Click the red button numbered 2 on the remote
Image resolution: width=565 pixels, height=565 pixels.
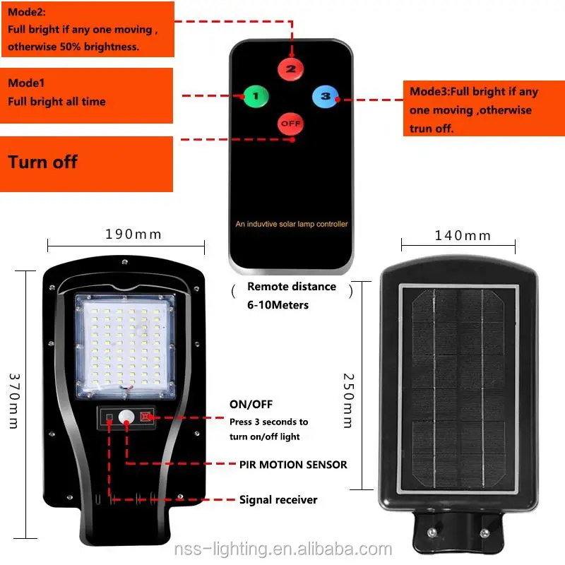(x=290, y=69)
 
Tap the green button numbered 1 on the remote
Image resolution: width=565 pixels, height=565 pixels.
(x=255, y=95)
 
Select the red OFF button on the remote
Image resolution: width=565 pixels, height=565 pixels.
(x=290, y=124)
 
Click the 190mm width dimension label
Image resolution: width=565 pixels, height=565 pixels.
(x=133, y=234)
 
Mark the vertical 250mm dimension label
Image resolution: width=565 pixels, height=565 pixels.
(x=347, y=400)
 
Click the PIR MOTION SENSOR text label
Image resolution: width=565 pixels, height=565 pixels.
(x=293, y=464)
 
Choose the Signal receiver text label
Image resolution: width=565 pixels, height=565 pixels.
(x=278, y=499)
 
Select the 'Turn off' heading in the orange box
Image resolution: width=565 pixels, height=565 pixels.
(x=43, y=162)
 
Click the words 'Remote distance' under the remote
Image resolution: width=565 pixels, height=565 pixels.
(x=292, y=287)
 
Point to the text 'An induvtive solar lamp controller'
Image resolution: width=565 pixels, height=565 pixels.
(x=291, y=224)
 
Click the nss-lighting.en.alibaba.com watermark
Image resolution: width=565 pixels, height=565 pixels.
(x=282, y=549)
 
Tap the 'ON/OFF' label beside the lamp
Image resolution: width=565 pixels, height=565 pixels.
(x=250, y=405)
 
